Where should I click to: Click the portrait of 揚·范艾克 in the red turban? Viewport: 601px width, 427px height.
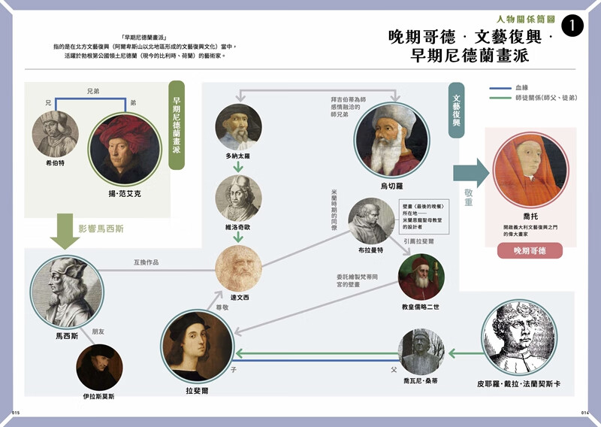coord(116,150)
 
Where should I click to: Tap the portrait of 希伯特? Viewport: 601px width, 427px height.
coord(55,134)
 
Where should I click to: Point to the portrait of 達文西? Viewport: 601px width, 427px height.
coord(238,268)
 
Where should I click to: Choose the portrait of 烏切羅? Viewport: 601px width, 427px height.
coord(391,140)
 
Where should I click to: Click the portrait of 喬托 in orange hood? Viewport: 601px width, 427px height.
coord(530,169)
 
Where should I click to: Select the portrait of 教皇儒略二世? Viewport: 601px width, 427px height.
coord(421,278)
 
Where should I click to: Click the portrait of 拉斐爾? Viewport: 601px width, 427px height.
coord(197,345)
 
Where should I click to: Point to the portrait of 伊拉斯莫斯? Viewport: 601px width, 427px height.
coord(99,368)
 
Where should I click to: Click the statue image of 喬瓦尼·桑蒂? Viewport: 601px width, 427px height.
coord(421,352)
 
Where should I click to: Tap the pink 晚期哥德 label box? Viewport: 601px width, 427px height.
coord(530,250)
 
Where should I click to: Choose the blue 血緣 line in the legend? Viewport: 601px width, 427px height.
coord(500,89)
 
